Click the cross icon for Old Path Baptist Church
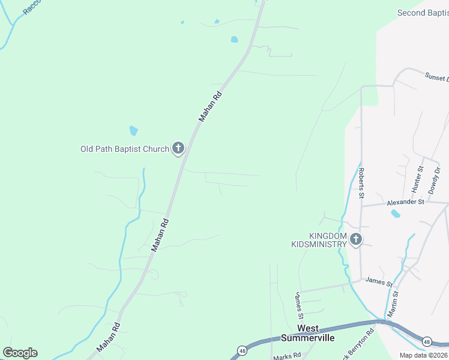[178, 148]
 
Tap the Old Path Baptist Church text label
[125, 149]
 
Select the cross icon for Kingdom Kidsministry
[356, 240]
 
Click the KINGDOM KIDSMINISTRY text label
[319, 240]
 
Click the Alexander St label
[405, 202]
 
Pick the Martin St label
[393, 304]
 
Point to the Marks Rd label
[287, 356]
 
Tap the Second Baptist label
[423, 13]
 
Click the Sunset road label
[436, 78]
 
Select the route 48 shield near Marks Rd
[242, 350]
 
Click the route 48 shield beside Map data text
[426, 341]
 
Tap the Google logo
[20, 352]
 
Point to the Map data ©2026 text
[424, 355]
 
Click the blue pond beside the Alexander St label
[395, 214]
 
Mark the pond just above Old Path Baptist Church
[133, 130]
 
